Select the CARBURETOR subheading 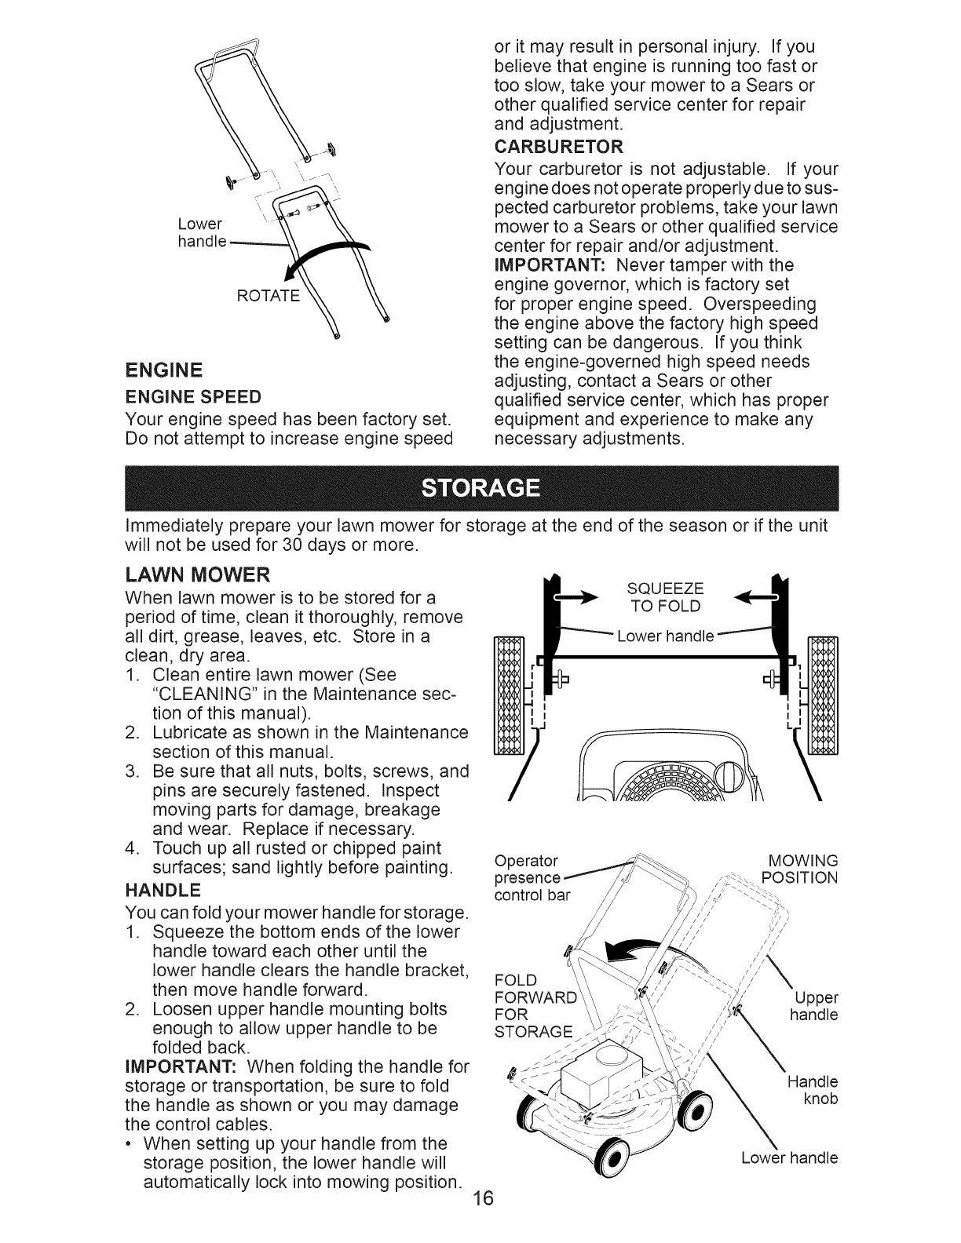(559, 148)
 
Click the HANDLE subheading (163, 891)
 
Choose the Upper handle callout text (814, 1007)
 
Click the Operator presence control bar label (530, 877)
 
